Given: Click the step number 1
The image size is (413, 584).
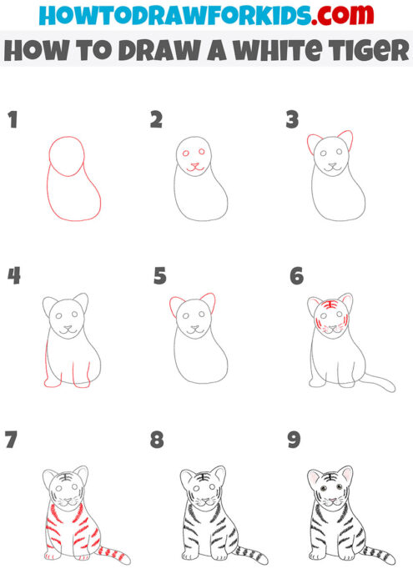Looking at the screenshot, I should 13,120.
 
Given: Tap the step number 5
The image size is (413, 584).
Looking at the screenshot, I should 160,274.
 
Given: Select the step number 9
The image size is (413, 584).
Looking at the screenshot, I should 293,440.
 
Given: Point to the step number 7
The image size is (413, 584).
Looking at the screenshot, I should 12,440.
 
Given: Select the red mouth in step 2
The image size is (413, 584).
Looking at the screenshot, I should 195,167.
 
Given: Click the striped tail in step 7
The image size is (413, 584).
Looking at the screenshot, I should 113,552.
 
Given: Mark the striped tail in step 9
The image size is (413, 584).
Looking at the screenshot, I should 380,552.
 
